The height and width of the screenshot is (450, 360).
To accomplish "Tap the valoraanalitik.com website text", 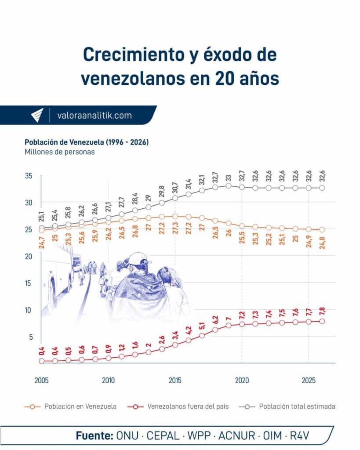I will coord(94,116).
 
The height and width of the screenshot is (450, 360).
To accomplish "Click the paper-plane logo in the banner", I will coord(37,116).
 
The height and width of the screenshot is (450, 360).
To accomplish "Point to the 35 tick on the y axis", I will coord(29,176).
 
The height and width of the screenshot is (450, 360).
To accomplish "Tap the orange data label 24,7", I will coord(42,242).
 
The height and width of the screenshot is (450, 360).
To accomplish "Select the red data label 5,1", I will coord(202,326).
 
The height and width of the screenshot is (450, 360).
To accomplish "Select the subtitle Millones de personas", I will coord(59,152).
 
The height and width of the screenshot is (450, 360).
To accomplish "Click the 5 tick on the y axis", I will coord(31,337).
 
